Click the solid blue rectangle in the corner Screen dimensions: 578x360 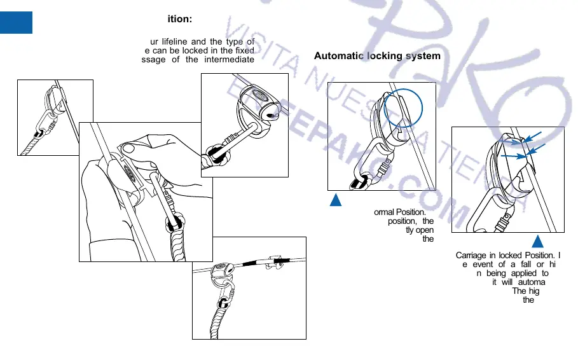[16, 22]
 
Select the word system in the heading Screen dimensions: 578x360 [422, 56]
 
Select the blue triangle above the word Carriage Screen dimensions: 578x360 [537, 242]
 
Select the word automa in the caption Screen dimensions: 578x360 [528, 282]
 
